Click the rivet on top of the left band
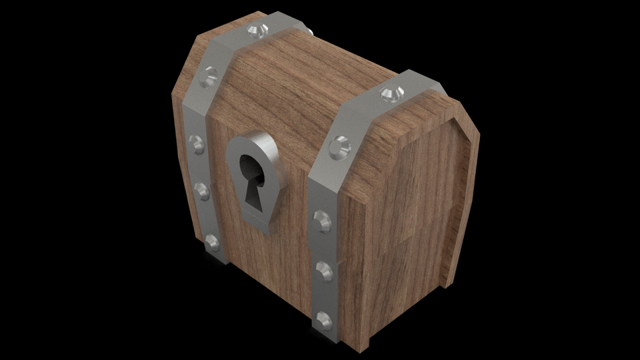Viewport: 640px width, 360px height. tap(257, 30)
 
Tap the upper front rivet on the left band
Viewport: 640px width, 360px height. tap(196, 142)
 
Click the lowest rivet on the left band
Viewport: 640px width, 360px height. tap(213, 243)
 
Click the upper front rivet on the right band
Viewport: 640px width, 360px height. tap(321, 218)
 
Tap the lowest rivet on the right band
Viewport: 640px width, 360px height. tap(323, 319)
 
